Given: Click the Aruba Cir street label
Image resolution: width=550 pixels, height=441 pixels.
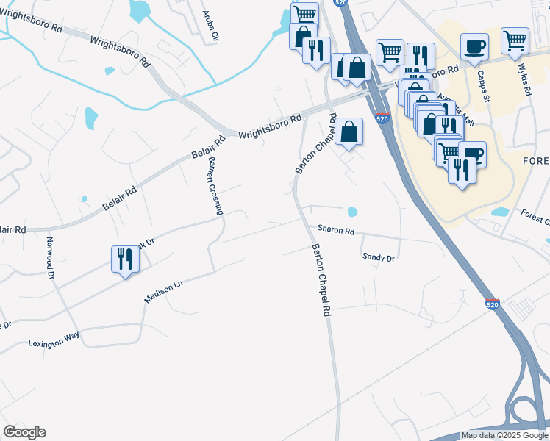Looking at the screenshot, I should coord(210,27).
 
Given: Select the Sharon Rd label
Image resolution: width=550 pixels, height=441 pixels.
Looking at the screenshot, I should coord(336,230).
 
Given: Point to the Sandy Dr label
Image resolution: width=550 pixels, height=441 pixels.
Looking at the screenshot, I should coord(379,258).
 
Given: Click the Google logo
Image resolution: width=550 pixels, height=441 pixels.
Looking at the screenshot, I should coord(24,432).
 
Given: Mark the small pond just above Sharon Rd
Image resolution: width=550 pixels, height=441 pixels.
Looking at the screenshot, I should coord(352,212).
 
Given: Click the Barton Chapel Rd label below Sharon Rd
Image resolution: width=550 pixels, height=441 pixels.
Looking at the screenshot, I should coord(322,280).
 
